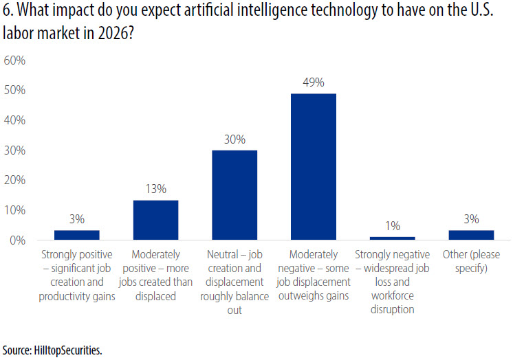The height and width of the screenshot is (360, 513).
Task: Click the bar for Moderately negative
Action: click(x=313, y=167)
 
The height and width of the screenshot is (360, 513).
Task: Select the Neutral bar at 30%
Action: click(x=234, y=195)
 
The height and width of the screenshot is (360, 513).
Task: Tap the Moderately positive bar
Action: click(x=155, y=220)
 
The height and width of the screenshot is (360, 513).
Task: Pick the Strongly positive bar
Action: click(x=77, y=235)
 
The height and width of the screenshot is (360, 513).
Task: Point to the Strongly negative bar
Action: click(x=392, y=238)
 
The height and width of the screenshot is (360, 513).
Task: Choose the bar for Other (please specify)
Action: click(x=471, y=235)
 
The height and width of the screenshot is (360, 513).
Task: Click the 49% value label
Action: click(x=313, y=83)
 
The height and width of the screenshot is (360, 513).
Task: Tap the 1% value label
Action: click(x=392, y=226)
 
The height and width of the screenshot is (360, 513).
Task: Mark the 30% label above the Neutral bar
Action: click(x=234, y=139)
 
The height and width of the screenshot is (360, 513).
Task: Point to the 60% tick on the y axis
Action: click(x=14, y=60)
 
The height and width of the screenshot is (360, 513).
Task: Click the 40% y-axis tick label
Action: click(x=14, y=120)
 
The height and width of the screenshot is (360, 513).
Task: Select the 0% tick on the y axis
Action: click(x=17, y=240)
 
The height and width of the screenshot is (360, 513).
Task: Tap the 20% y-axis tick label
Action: click(x=14, y=181)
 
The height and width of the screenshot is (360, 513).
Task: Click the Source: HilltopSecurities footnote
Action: click(x=52, y=350)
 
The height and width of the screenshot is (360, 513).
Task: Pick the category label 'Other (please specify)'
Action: click(x=471, y=261)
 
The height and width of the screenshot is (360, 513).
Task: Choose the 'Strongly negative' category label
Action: click(x=392, y=282)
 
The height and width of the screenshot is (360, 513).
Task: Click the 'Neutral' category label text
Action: click(x=234, y=282)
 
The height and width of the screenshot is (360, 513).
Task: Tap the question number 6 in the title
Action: click(x=7, y=12)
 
